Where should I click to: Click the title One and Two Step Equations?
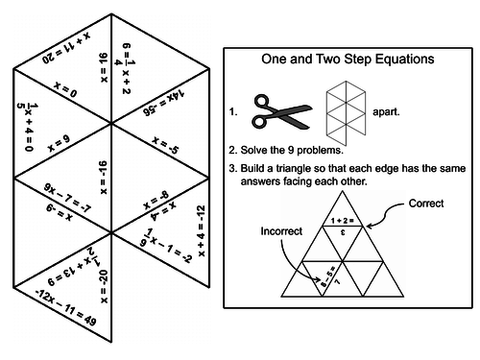coord(348,59)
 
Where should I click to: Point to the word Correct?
coord(426,204)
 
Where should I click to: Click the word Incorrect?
coord(281,231)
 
